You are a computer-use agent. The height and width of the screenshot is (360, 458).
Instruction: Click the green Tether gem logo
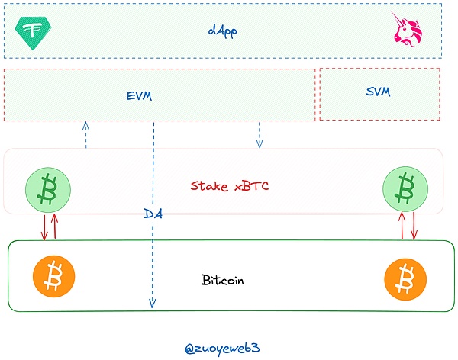33,31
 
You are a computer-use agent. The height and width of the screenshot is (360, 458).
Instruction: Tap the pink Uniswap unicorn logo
407,28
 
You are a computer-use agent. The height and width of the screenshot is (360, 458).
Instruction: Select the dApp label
222,31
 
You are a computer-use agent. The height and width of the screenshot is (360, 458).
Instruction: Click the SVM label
378,92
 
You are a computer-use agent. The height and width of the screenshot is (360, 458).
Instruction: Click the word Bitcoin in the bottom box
223,280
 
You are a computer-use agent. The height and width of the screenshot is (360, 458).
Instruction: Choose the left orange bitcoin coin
53,277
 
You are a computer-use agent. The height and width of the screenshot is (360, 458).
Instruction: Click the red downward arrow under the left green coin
44,226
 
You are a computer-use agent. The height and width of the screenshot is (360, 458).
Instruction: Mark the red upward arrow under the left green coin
55,226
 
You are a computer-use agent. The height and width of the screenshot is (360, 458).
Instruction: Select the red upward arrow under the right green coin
402,226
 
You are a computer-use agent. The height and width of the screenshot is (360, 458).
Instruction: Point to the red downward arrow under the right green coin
414,226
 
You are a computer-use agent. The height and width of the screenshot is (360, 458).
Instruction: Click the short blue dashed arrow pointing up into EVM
86,134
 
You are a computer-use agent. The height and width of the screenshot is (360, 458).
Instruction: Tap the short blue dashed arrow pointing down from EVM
260,134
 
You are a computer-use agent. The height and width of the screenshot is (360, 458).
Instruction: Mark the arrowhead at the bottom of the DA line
153,304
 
